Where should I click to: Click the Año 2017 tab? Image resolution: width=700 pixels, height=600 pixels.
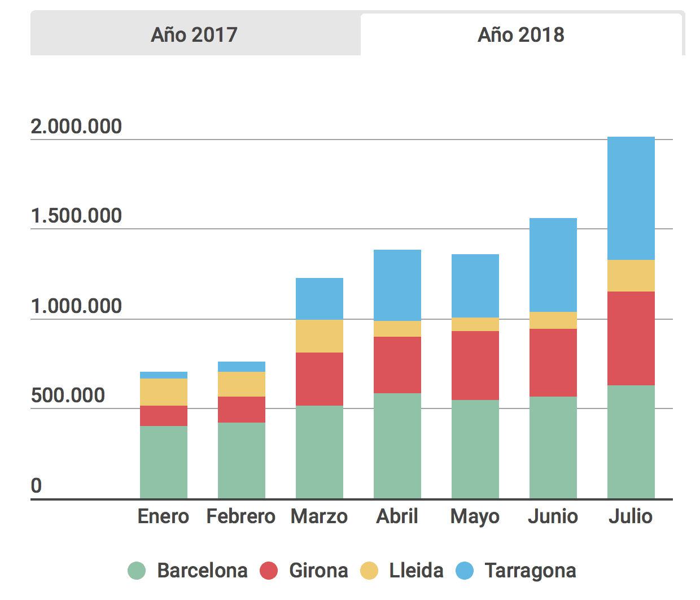point(194,35)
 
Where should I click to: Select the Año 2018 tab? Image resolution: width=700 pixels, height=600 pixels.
point(520,35)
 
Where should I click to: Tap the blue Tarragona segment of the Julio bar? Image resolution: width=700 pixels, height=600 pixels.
point(631,198)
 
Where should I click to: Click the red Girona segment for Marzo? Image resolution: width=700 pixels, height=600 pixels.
point(319,379)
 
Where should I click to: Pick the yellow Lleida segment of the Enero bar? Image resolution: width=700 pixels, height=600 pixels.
point(163,392)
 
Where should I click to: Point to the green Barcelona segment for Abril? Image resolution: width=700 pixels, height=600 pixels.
point(397,445)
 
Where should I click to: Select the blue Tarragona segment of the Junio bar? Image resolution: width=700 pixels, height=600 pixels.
point(553,265)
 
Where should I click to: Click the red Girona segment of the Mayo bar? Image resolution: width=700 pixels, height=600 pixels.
point(475,365)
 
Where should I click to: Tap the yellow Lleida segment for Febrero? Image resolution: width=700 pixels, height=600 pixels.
point(241,384)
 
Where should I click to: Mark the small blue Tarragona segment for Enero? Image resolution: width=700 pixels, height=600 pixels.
point(163,375)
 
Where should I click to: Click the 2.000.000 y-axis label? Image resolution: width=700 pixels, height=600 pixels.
point(76,127)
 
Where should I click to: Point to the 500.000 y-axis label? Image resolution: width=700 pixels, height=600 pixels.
point(68,395)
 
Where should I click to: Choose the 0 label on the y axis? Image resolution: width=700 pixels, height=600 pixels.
point(36,486)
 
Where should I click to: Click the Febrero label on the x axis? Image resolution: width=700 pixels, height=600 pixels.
point(241,516)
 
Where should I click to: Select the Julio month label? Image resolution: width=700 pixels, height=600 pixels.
point(631,516)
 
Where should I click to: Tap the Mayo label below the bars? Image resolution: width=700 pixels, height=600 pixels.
point(475,516)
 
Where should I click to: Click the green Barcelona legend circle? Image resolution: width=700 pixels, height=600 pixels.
point(137,571)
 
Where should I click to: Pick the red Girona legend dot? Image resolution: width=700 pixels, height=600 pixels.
point(269,571)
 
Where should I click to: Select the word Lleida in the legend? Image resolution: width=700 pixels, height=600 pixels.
point(416,571)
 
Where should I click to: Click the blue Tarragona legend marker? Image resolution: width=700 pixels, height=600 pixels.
point(464,571)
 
